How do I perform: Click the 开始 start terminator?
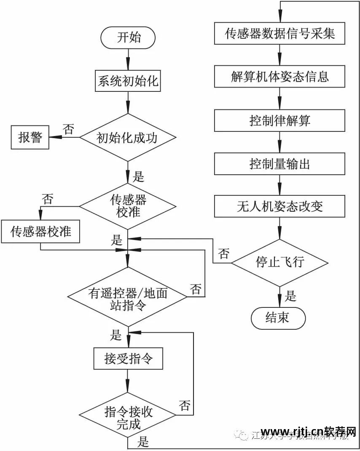[128, 37]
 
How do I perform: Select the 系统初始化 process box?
[128, 80]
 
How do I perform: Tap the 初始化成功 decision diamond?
[128, 137]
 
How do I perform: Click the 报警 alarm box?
[30, 137]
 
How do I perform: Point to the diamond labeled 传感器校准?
[128, 206]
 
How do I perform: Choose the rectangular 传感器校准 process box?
[40, 232]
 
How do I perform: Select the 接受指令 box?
[128, 359]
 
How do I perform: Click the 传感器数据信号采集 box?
[279, 33]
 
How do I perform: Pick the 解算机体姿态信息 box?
[279, 77]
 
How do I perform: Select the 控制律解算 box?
[279, 120]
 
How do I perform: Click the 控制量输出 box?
[279, 163]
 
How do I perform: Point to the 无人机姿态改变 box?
[279, 206]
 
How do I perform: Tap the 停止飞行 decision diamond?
[279, 263]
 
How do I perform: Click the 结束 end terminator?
[278, 318]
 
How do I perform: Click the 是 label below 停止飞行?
[290, 296]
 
